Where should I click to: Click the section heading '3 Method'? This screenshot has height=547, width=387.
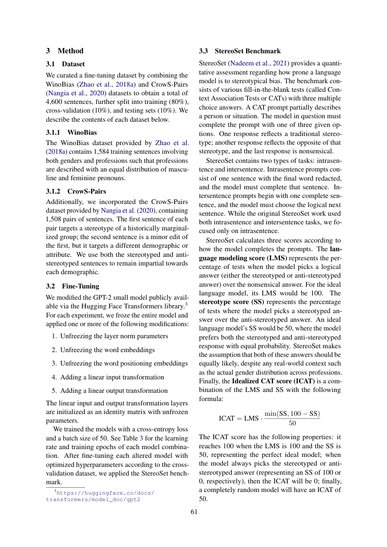[x=65, y=51]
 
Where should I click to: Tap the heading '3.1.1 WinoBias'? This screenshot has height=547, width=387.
[x=72, y=132]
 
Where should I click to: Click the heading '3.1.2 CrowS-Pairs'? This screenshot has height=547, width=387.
[x=76, y=191]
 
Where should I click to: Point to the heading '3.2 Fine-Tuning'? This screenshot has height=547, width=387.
[x=72, y=286]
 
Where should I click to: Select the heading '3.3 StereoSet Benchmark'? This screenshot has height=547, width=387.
[x=240, y=51]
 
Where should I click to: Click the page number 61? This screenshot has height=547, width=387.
[x=194, y=512]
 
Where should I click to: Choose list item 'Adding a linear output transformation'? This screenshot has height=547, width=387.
[x=114, y=391]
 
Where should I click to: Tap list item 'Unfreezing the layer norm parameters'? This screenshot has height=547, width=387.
[x=114, y=336]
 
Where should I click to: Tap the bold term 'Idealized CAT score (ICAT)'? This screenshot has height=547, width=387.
[x=270, y=381]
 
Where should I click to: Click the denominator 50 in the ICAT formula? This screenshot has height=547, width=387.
[x=292, y=423]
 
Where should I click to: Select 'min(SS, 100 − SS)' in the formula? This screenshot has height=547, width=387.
[x=292, y=414]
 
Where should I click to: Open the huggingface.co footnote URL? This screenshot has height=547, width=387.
[x=100, y=496]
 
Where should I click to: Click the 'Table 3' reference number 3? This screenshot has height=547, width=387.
[x=141, y=438]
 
